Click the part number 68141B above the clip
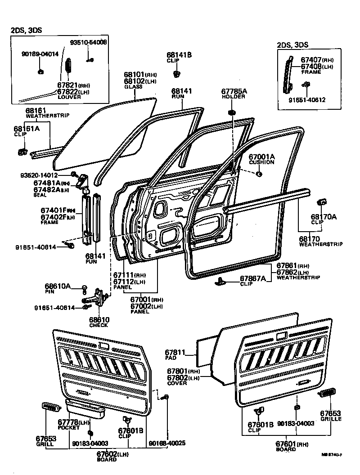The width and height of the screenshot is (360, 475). pos(179,54)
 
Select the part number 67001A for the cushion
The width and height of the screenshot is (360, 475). pos(261,157)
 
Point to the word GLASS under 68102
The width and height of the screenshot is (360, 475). pos(133,87)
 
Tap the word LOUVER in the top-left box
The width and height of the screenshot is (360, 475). pos(66,96)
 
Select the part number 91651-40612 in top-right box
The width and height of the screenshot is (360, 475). pos(307,100)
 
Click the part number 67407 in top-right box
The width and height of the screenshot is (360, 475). pos(310,60)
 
